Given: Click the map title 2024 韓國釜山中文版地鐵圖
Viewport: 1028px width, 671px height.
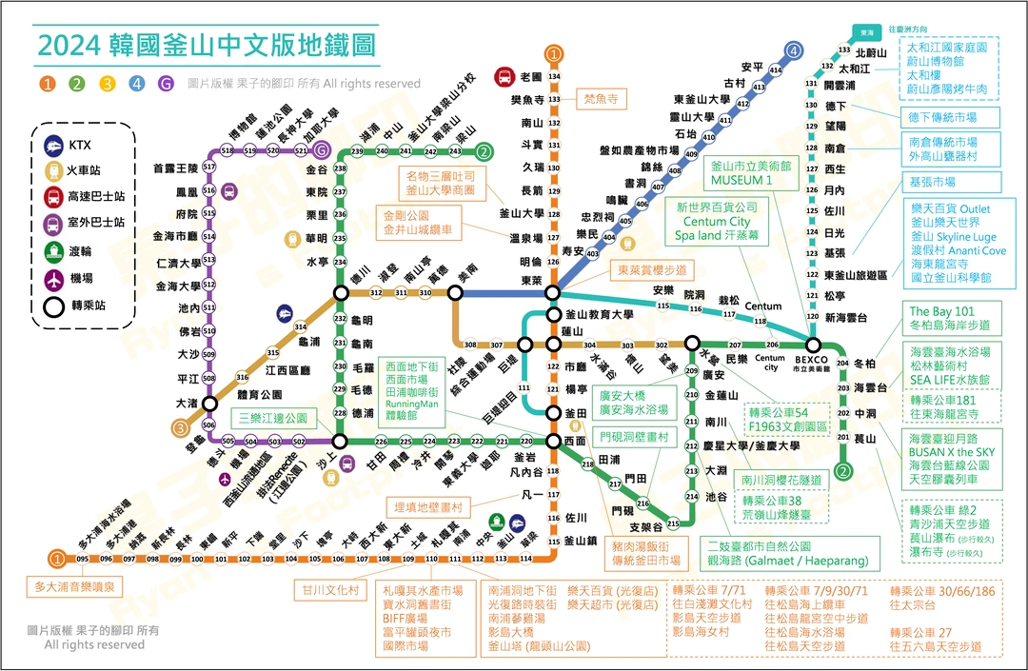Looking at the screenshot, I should [x=206, y=45].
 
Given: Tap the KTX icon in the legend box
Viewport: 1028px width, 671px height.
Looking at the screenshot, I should [x=55, y=146].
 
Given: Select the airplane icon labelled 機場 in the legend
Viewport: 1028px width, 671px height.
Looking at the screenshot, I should [x=55, y=279].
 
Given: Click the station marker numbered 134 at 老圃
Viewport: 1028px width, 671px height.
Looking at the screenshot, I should [x=554, y=76].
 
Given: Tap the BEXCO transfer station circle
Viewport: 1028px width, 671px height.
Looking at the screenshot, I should [x=813, y=345].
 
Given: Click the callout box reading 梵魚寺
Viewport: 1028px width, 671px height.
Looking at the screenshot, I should [x=601, y=98].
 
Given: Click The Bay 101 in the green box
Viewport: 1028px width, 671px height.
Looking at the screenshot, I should [x=941, y=311].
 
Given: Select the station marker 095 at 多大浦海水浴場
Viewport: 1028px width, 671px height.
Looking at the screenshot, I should [x=83, y=559].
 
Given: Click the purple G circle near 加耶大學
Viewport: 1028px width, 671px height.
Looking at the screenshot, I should [x=322, y=150].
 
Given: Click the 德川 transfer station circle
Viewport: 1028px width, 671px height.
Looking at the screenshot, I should [x=340, y=293].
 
